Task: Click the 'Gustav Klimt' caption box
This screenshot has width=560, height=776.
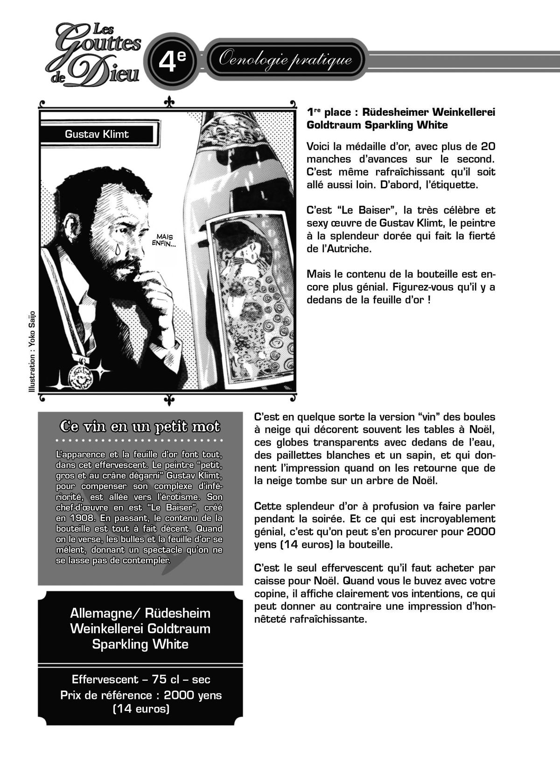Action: [x=97, y=134]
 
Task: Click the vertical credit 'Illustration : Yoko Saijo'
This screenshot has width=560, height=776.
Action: [x=32, y=350]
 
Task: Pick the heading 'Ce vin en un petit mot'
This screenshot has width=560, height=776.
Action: [x=140, y=427]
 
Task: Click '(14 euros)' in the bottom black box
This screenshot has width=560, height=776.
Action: [x=140, y=709]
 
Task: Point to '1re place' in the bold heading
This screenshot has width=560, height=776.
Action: [x=327, y=112]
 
